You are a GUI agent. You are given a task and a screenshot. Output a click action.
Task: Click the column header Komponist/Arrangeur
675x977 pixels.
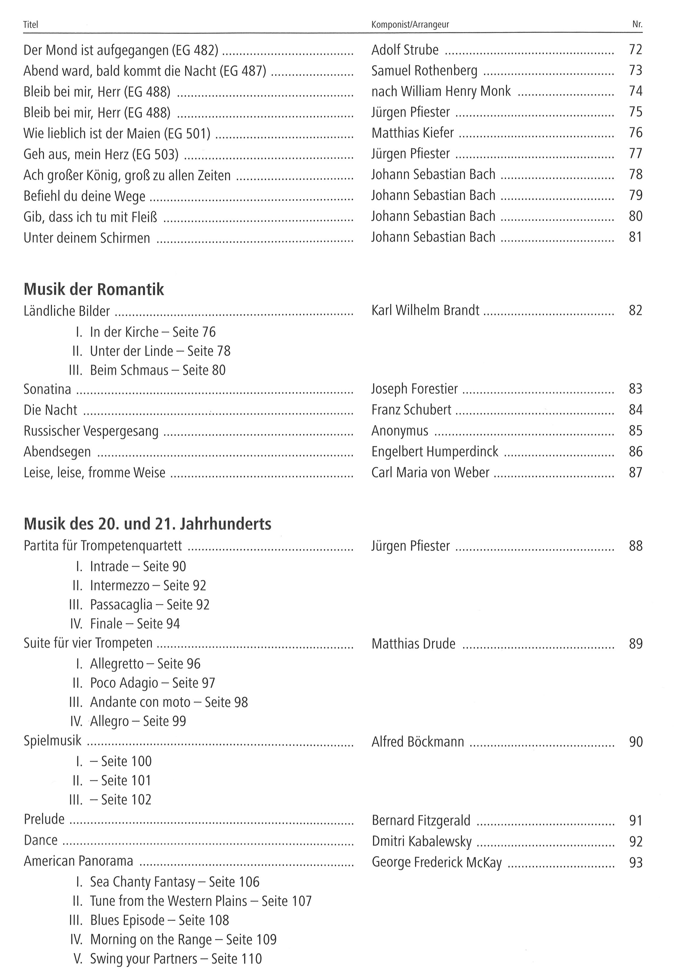(410, 24)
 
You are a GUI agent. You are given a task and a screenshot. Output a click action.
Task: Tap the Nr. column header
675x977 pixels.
(637, 24)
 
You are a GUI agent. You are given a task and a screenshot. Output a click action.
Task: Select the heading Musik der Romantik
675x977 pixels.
(94, 289)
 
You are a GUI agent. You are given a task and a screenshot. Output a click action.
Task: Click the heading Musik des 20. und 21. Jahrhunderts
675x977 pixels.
(147, 524)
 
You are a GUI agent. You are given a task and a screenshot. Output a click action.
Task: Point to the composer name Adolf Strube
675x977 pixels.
(405, 50)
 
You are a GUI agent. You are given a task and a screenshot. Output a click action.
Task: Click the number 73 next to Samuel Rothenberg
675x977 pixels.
(635, 70)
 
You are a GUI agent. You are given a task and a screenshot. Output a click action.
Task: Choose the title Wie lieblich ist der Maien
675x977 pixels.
(117, 133)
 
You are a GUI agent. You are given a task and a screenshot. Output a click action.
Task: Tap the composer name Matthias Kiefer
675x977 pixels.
(412, 133)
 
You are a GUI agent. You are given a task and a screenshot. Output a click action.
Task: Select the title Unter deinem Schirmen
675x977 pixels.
(87, 238)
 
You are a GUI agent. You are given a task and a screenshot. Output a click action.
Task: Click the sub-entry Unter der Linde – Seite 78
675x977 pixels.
(160, 351)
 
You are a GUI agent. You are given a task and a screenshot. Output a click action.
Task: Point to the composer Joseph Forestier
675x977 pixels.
(414, 389)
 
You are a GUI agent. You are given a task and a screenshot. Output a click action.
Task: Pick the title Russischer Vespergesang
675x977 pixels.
(91, 431)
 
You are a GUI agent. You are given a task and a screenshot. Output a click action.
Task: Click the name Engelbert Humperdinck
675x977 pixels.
(435, 452)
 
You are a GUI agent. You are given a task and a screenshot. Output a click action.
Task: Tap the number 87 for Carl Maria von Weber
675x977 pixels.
(635, 473)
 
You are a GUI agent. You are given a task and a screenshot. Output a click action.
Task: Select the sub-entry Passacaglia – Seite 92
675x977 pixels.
(149, 605)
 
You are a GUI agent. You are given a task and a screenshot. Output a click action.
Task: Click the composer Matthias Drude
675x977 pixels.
(413, 644)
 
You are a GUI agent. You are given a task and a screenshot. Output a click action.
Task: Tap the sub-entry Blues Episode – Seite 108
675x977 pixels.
(159, 920)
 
